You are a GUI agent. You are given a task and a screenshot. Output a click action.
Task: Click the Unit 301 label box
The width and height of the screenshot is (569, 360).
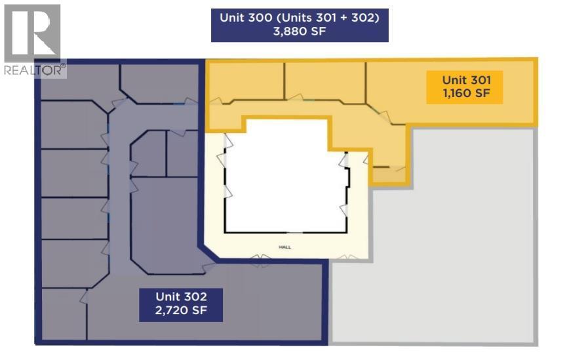[x=465, y=87]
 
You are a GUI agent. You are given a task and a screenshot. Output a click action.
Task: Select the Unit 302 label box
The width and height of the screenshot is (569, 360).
[x=181, y=305]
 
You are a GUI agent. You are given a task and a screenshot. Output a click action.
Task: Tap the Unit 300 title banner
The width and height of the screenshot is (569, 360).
[x=300, y=25]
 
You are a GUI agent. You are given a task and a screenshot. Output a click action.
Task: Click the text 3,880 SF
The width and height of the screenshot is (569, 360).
[x=300, y=31]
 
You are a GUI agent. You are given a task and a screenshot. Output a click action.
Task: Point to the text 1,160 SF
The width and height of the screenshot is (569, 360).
[x=466, y=93]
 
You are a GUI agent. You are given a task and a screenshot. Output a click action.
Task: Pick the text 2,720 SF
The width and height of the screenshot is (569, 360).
[x=181, y=311]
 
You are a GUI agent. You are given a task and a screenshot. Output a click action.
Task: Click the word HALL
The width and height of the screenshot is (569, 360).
[x=285, y=247]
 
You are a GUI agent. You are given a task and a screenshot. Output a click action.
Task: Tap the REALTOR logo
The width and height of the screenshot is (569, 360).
[x=33, y=33]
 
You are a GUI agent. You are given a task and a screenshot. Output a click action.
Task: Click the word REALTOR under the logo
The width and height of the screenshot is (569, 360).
[x=32, y=70]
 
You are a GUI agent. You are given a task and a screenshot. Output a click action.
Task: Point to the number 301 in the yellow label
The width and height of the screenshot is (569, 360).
[x=479, y=80]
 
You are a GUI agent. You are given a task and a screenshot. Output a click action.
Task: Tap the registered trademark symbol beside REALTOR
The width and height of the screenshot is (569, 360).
[x=63, y=66]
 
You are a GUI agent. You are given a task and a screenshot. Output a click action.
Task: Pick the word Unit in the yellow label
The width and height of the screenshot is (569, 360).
[x=454, y=80]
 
